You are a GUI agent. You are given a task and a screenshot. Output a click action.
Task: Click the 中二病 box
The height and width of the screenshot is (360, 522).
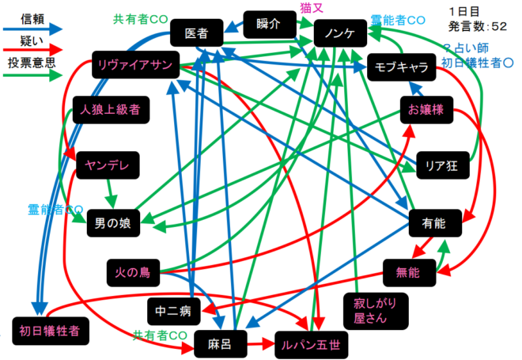[x=174, y=310]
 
